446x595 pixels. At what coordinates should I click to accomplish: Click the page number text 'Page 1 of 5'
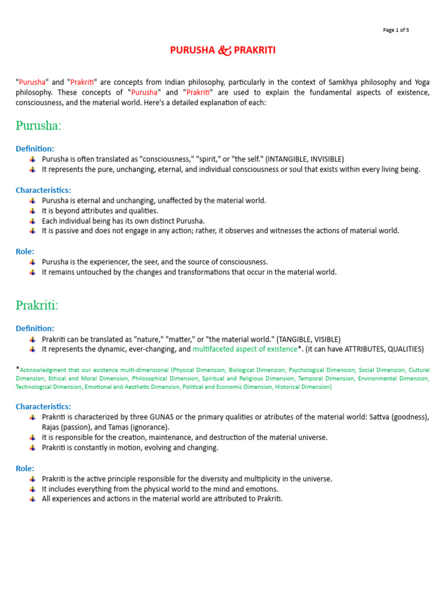click(396, 30)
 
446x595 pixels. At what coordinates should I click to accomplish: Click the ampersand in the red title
click(224, 50)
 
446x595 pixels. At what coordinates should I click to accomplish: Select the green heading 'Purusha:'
click(38, 126)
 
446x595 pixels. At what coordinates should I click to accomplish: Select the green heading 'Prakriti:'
click(37, 305)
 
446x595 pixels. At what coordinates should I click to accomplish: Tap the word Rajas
click(52, 427)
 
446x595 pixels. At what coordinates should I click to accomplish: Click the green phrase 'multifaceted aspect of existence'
click(244, 349)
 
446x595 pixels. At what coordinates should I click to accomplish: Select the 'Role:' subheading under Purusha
click(25, 252)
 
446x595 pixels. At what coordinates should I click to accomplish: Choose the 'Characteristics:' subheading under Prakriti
click(44, 407)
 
